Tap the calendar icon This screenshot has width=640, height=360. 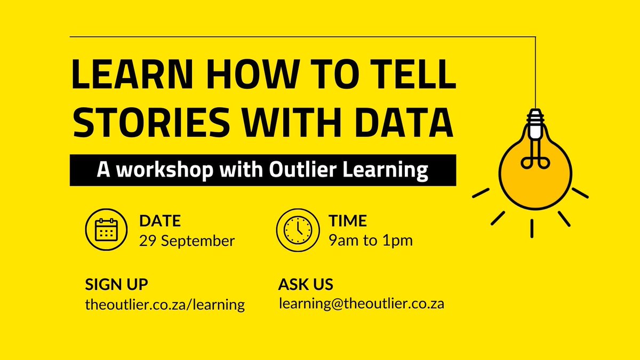coord(106,229)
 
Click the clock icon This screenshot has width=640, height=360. coord(297,229)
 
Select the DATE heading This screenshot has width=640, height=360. coord(160,221)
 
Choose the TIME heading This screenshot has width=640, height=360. coord(348,221)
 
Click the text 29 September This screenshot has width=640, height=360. coord(187,241)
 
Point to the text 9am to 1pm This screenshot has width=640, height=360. coord(371,241)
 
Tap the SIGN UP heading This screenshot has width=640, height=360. coord(117,284)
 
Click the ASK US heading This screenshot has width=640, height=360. coord(306,284)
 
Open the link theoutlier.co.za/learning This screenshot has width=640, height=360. coord(165,305)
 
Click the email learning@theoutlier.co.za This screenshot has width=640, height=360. coord(361,303)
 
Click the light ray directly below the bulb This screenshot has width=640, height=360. coord(532,229)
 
